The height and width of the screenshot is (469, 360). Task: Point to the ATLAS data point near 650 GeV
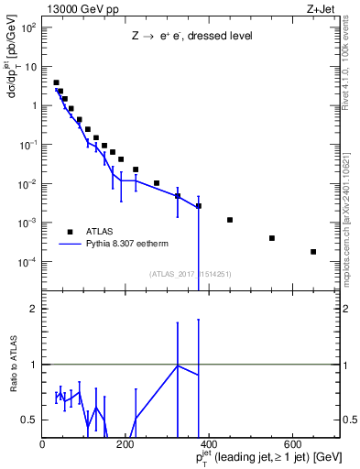click(313, 252)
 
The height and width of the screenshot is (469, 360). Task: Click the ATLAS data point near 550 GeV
click(272, 238)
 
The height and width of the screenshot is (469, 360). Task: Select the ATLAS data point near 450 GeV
click(230, 220)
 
